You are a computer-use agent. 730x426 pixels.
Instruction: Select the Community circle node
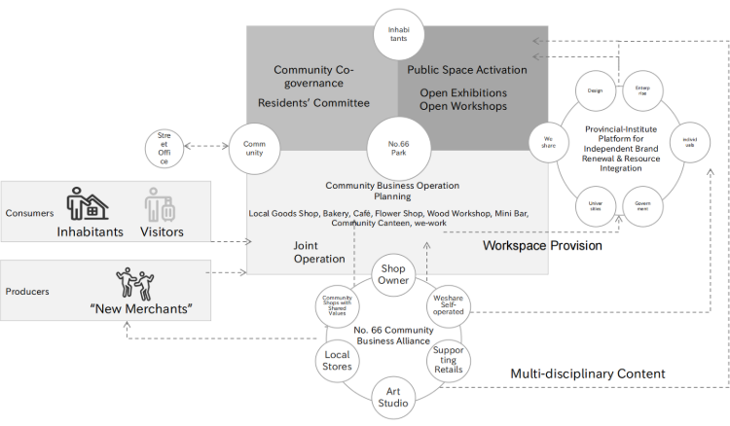coord(255,150)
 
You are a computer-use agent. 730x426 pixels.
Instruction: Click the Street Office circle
coord(164,148)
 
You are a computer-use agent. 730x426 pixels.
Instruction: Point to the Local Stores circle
coord(337,361)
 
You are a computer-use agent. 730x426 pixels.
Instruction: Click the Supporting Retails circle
coord(449,361)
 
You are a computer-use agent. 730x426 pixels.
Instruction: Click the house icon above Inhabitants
coord(88,203)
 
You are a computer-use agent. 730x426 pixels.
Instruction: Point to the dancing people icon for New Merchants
coord(132,282)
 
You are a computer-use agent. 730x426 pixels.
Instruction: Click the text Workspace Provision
coord(542,246)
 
